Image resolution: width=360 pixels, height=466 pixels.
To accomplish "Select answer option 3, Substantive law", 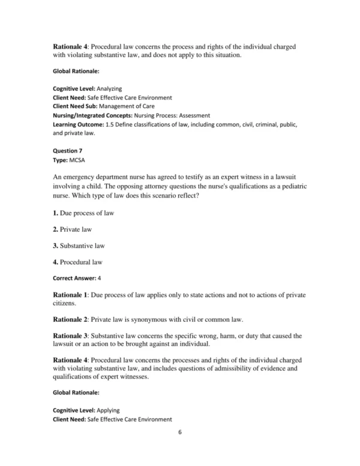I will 83,245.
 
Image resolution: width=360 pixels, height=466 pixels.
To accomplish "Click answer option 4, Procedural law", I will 82,261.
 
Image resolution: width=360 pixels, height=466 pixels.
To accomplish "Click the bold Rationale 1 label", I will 71,295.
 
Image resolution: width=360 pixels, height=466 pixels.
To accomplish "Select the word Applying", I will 109,410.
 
